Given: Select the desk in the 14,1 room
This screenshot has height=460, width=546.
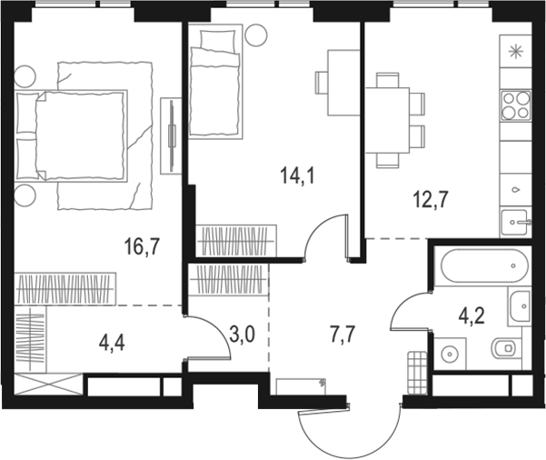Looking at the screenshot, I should (342, 83).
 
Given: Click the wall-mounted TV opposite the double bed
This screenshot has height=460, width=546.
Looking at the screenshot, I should (171, 134).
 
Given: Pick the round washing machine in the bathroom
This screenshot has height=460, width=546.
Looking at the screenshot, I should (450, 352).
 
